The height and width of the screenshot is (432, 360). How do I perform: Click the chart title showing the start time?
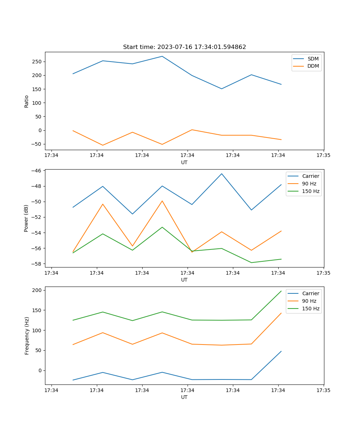pos(184,47)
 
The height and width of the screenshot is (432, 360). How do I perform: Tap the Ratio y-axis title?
pos(26,101)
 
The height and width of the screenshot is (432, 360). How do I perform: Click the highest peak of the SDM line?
pos(162,56)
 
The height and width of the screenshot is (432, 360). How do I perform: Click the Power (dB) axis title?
pos(26,219)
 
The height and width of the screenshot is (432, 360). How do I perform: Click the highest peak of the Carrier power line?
pos(222,174)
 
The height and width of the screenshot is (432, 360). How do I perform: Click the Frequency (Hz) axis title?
pos(27,336)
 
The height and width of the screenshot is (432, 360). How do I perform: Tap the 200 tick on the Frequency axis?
pos(38,290)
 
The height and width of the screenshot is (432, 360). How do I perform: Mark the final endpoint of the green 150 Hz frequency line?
pos(281,291)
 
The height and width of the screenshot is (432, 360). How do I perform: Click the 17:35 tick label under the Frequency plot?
pos(323,390)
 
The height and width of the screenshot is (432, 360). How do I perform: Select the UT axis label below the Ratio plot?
pos(184,162)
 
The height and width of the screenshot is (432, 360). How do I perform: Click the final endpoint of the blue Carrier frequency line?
pos(281,351)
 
